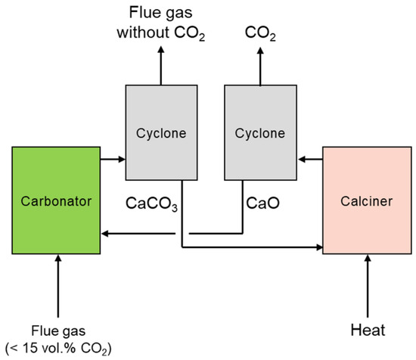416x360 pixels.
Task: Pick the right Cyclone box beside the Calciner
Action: (x=256, y=133)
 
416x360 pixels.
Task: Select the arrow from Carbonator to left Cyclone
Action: (x=111, y=160)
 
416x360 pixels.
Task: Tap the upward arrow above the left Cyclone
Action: (x=160, y=64)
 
